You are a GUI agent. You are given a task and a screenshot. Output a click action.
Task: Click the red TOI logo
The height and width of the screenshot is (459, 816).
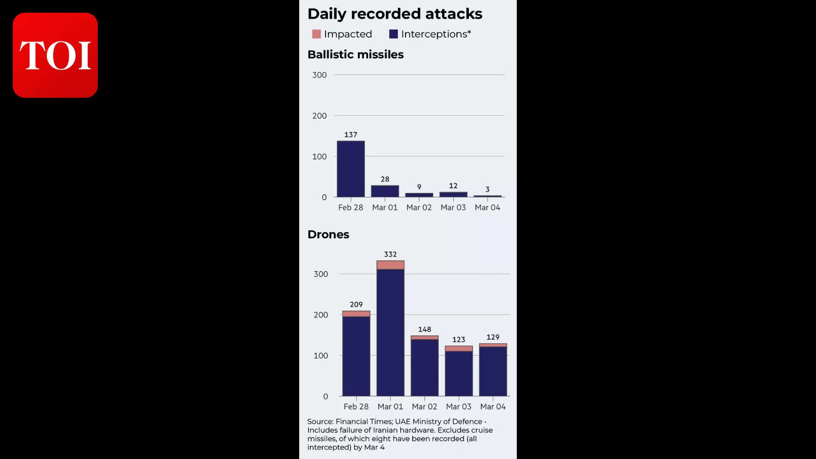point(55,55)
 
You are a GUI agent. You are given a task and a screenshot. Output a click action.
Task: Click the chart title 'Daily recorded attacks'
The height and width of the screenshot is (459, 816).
point(394,14)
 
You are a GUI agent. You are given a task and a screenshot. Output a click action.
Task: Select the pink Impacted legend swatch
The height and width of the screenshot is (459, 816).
point(316,34)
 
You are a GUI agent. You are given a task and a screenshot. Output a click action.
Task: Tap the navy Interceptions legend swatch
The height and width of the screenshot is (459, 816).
point(394,34)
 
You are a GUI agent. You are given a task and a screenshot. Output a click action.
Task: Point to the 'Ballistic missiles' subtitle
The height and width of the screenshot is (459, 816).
point(355,54)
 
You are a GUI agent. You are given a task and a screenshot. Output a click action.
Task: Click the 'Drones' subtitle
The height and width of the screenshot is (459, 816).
point(328,235)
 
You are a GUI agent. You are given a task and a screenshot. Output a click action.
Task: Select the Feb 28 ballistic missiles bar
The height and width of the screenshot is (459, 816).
point(351,169)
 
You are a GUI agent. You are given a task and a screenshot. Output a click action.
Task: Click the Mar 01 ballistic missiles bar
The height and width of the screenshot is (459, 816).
point(385,191)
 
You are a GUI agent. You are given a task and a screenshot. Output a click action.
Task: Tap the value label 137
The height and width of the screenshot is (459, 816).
point(351,135)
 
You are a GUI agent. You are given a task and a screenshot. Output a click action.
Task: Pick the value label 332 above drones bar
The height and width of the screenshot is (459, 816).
point(390,254)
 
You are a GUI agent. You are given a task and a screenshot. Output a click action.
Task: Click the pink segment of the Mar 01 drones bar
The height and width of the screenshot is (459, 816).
point(390,265)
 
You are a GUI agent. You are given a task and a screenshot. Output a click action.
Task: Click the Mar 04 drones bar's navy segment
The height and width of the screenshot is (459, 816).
point(493,371)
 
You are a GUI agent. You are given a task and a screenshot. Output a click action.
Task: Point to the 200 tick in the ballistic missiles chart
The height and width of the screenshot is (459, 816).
point(320,116)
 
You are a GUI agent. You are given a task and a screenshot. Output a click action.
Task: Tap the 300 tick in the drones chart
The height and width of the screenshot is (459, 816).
point(321,274)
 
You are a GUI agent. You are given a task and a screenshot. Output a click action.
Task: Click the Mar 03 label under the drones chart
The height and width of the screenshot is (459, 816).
point(459,407)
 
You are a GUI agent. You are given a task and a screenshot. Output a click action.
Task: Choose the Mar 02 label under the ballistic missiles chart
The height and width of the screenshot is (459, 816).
point(419,207)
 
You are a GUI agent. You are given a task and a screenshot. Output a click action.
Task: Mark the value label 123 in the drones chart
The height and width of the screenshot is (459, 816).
point(459,340)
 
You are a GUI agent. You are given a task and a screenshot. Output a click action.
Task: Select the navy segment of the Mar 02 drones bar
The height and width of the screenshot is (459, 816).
point(425,368)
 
